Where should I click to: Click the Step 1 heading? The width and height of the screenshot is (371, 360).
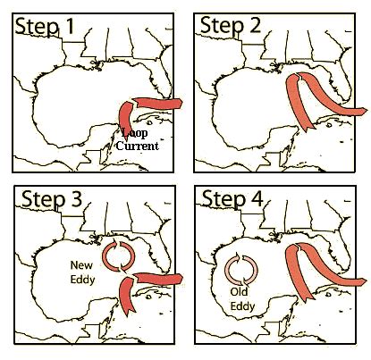tap(44, 26)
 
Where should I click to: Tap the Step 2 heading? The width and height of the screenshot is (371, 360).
tap(230, 25)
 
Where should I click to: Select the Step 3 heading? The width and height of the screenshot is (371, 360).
tap(51, 199)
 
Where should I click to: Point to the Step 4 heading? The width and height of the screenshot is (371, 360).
tap(232, 199)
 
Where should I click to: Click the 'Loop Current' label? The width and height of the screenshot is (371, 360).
tap(138, 139)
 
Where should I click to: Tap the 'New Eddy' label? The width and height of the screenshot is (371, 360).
tap(82, 272)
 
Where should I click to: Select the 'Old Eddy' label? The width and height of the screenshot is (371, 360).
tap(242, 299)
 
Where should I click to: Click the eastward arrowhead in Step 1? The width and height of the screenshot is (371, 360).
tap(178, 104)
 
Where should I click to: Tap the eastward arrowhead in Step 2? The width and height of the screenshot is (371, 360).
tap(363, 112)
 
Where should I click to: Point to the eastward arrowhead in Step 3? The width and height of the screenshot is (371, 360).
tap(179, 279)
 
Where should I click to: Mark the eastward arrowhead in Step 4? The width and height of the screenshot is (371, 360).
tap(362, 281)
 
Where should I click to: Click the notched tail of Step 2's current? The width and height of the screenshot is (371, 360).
tap(309, 127)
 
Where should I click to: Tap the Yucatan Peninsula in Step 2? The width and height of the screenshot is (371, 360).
tap(282, 138)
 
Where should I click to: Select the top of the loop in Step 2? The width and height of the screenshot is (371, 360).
tap(299, 76)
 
